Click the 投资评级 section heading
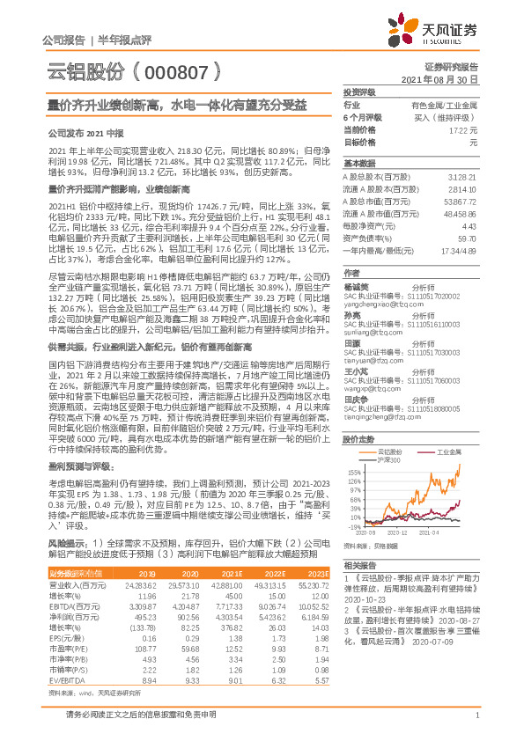tap(358, 92)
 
